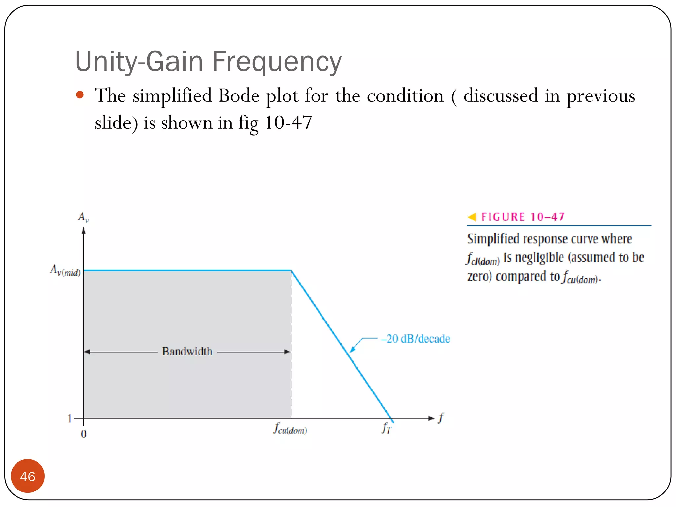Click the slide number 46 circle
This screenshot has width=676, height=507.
click(27, 476)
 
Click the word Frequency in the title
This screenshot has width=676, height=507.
click(276, 62)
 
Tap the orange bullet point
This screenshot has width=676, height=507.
click(80, 95)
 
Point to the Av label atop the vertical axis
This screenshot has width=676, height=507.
click(83, 217)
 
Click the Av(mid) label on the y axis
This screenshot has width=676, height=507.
click(65, 270)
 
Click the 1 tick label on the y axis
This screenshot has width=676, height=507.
click(70, 419)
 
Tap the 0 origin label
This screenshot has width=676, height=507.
click(84, 434)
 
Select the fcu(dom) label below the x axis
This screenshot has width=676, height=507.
click(290, 429)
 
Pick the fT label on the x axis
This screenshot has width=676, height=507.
click(387, 428)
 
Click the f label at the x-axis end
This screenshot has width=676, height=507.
click(441, 418)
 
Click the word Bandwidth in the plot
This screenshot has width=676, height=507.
click(187, 352)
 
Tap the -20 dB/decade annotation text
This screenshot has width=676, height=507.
click(415, 339)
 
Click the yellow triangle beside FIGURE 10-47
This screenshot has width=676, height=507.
click(472, 217)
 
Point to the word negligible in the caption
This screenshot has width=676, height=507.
click(539, 258)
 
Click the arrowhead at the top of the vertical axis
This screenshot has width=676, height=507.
click(84, 231)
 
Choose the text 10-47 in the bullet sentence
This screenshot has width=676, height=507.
click(288, 123)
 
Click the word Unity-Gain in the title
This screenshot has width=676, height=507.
click(139, 62)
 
